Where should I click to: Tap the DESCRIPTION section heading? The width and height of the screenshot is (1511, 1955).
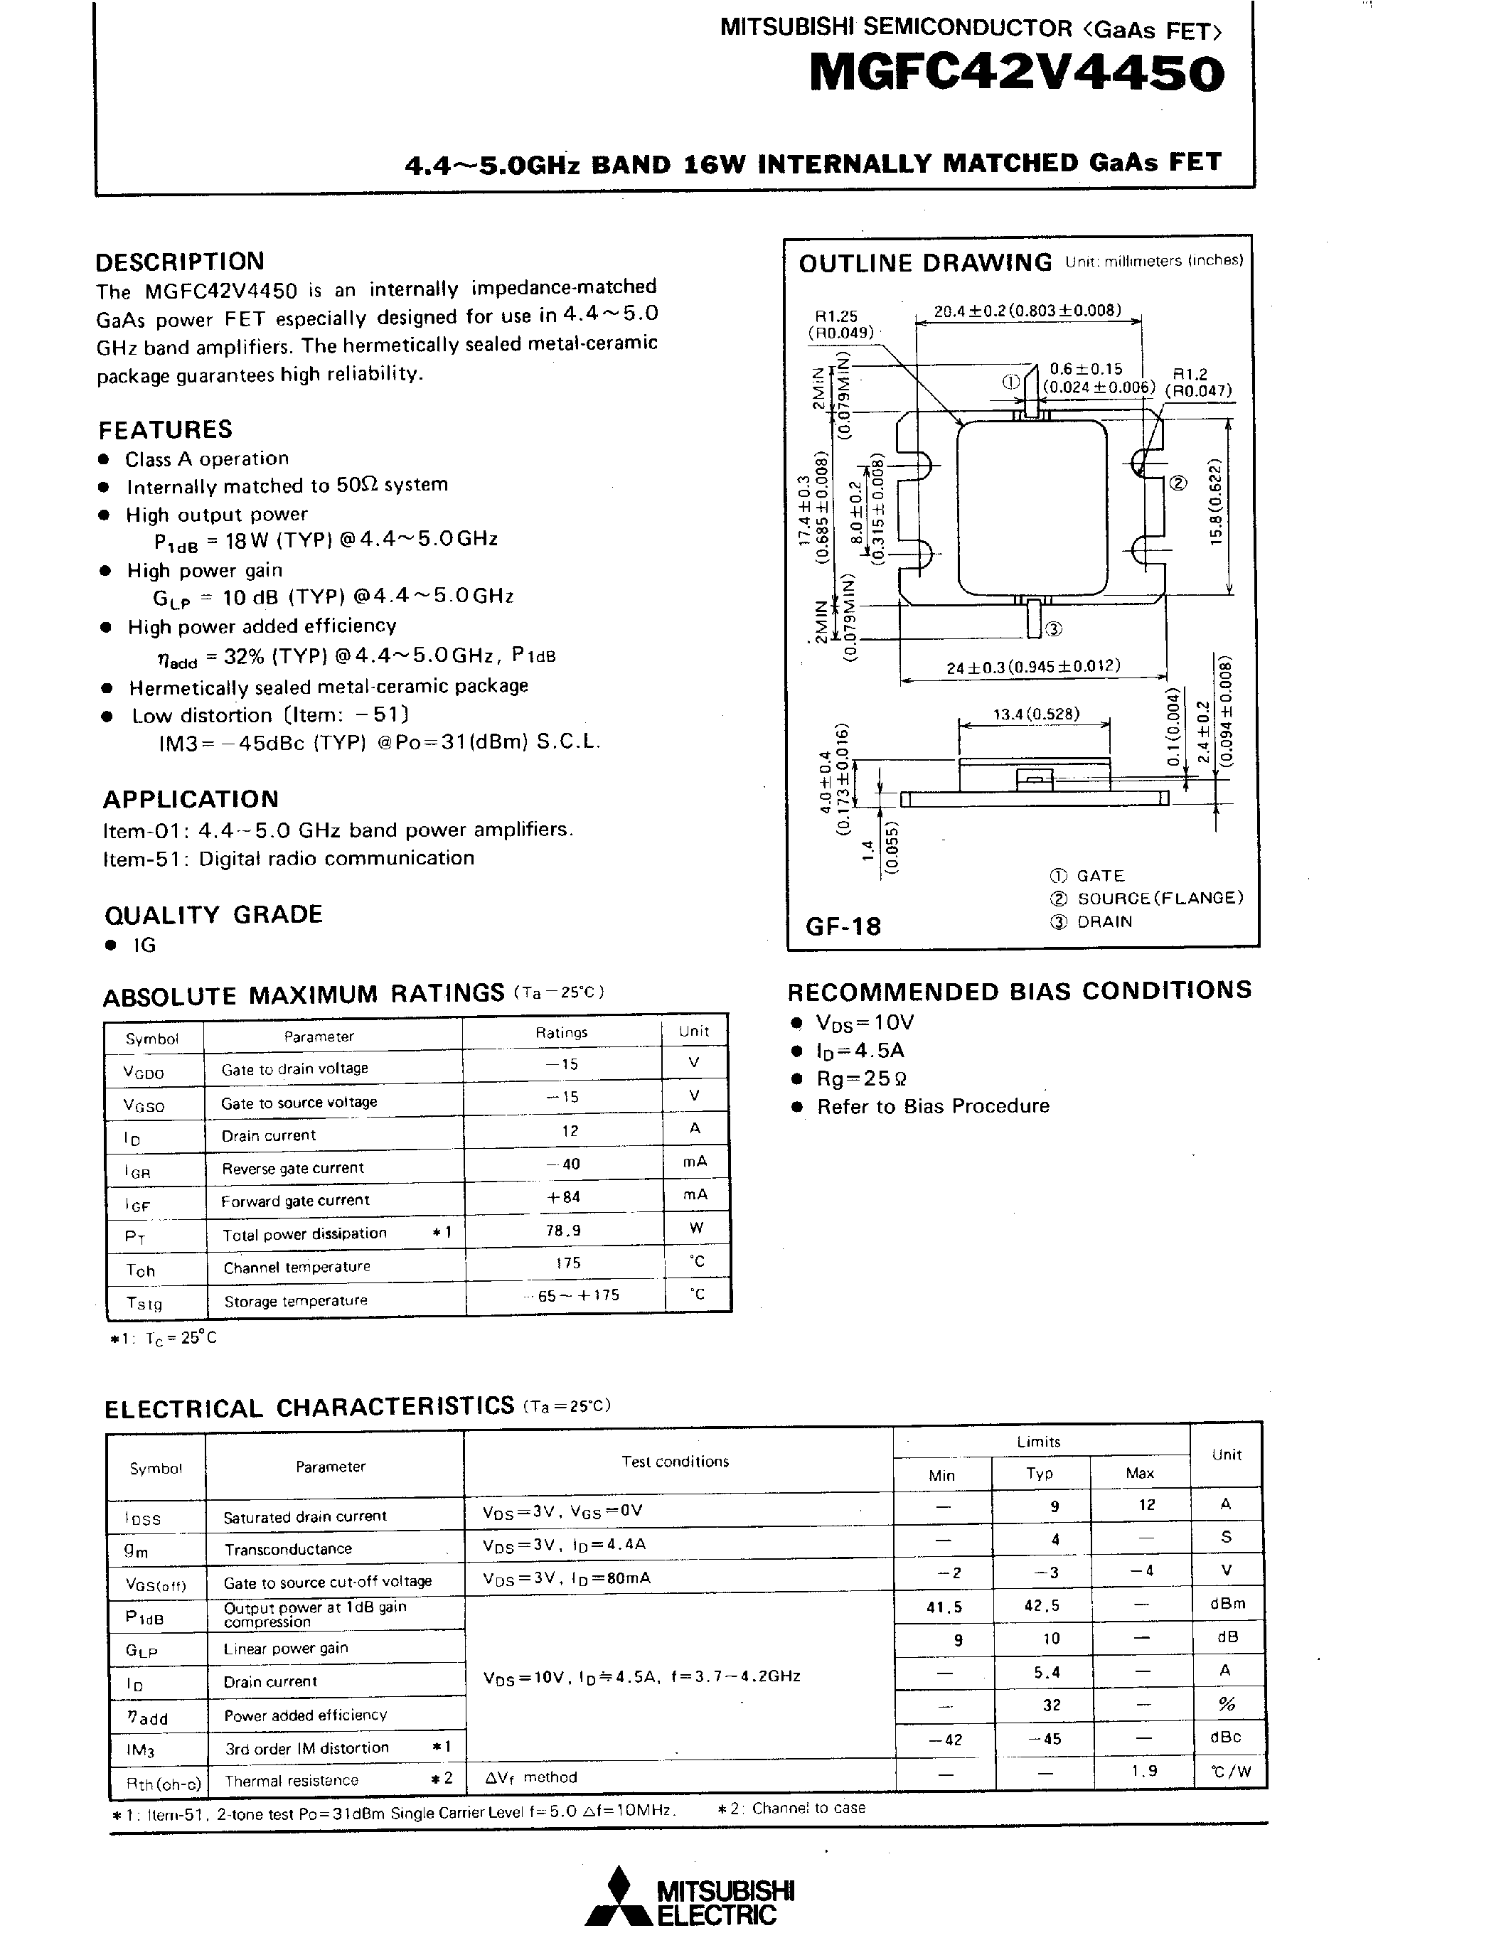point(180,262)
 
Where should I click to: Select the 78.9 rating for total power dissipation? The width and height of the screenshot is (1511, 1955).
point(563,1231)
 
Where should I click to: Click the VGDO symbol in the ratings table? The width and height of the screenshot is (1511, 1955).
point(144,1071)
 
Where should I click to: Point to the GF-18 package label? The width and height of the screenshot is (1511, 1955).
point(843,926)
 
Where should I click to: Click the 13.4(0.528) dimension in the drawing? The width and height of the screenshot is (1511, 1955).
point(1036,714)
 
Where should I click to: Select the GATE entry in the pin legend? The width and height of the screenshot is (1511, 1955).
point(1100,875)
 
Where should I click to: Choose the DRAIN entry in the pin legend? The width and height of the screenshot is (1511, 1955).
point(1104,922)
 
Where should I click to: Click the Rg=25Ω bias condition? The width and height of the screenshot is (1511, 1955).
point(862,1078)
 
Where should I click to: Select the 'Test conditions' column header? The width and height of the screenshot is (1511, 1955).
point(675,1462)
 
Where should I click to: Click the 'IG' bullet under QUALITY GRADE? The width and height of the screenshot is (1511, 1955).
point(144,946)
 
